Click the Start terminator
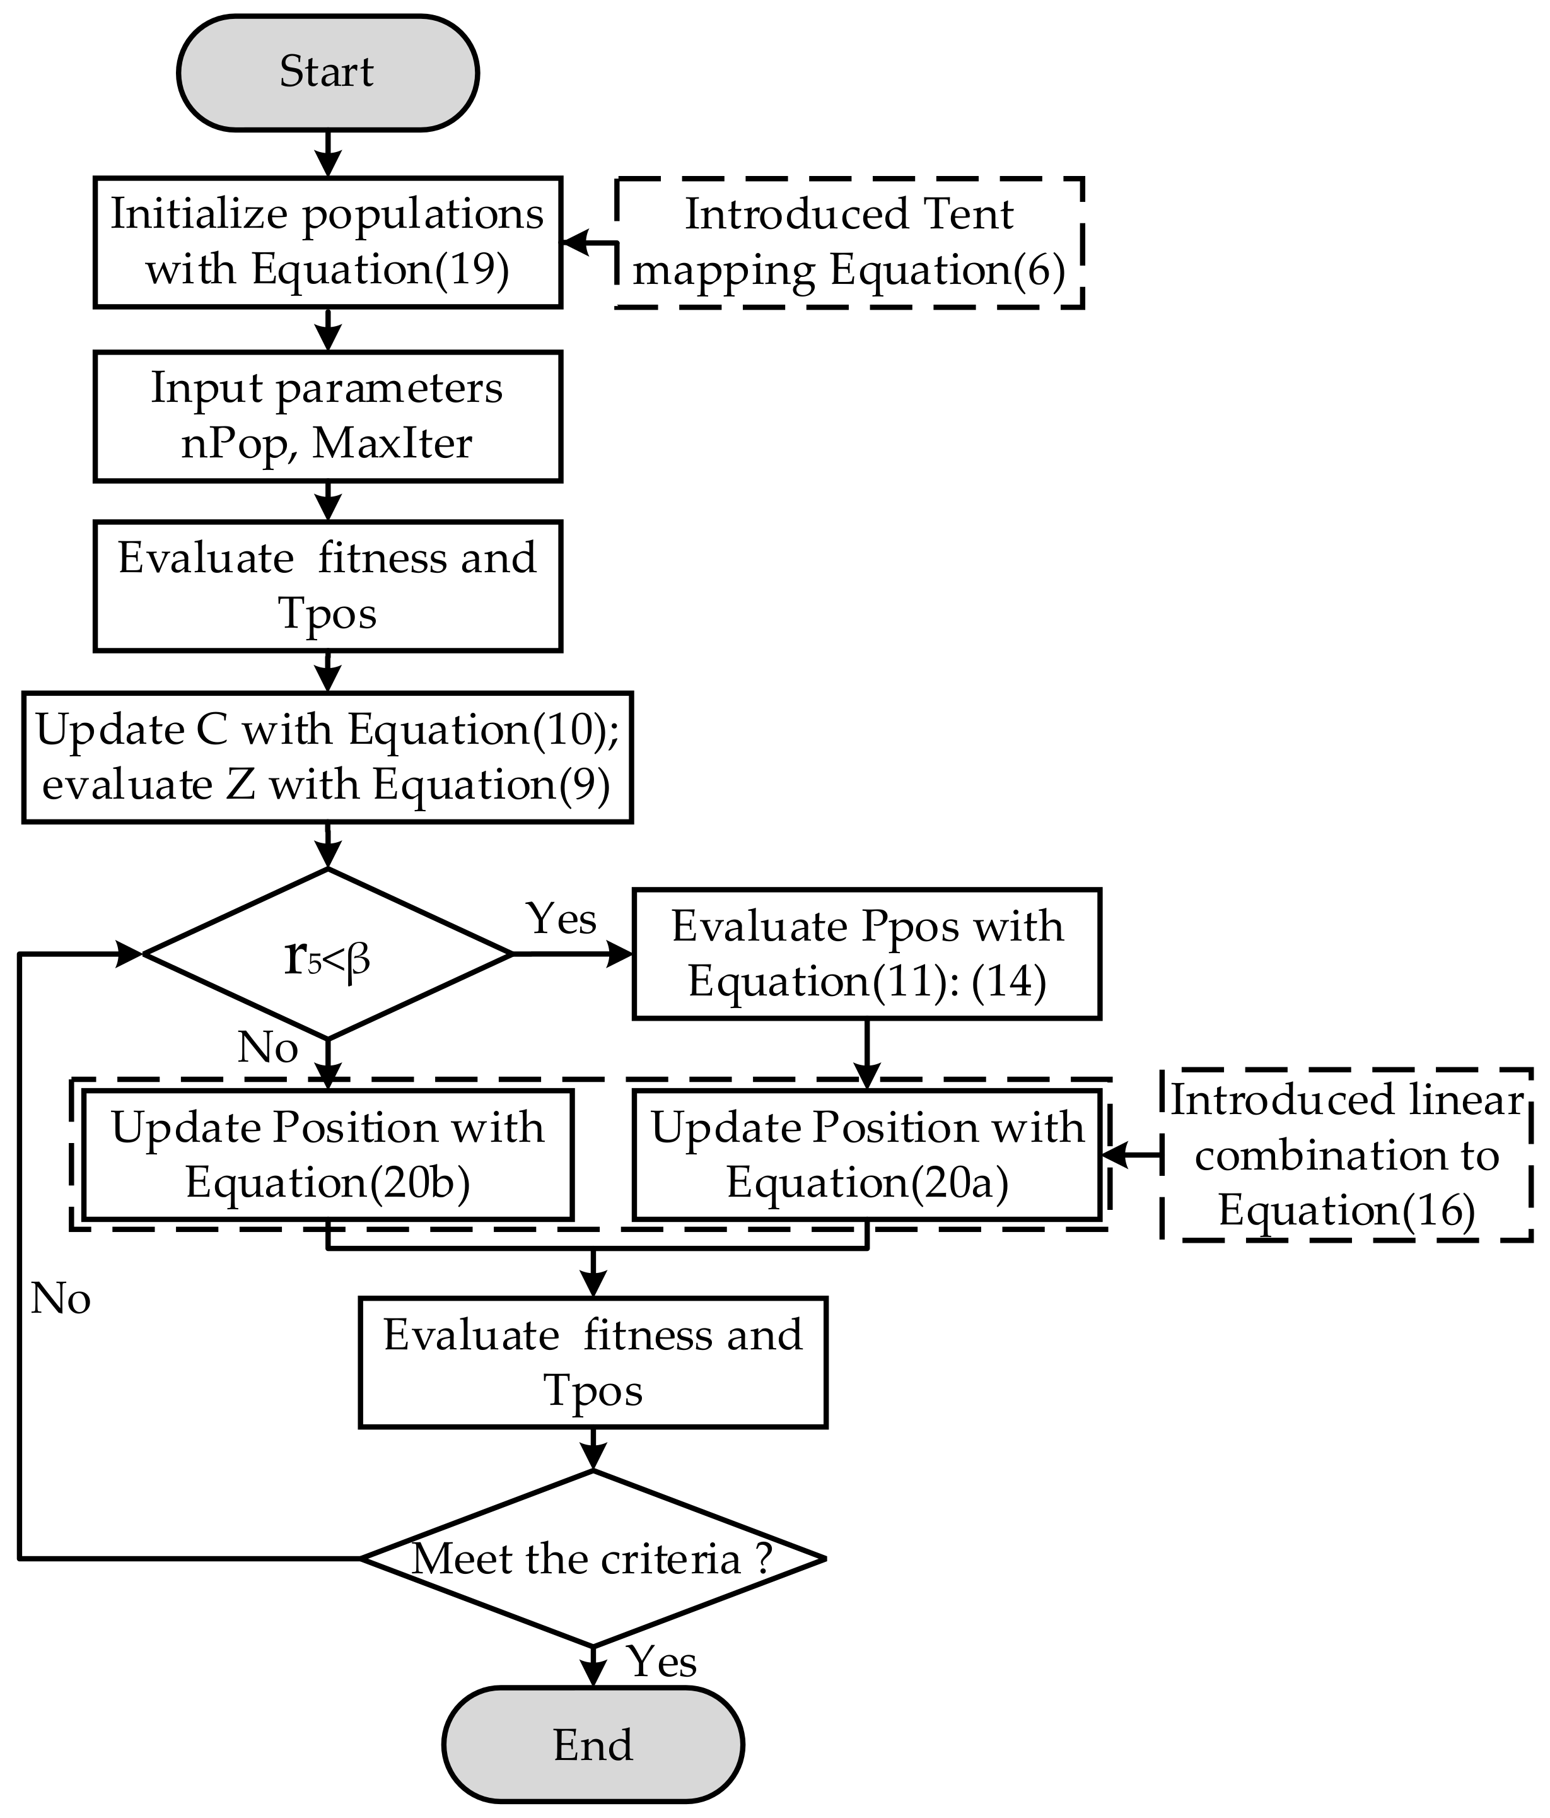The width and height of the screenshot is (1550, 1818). pyautogui.click(x=327, y=73)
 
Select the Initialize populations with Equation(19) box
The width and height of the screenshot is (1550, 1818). pyautogui.click(x=327, y=242)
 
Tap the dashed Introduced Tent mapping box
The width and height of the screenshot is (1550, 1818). pyautogui.click(x=849, y=242)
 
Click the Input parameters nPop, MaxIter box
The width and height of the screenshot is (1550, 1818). pyautogui.click(x=327, y=416)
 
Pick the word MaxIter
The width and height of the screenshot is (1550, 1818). pyautogui.click(x=392, y=443)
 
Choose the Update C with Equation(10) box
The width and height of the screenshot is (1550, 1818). pyautogui.click(x=327, y=756)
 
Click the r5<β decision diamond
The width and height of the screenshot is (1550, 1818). pyautogui.click(x=327, y=954)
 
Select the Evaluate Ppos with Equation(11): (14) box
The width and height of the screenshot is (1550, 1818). pyautogui.click(x=866, y=954)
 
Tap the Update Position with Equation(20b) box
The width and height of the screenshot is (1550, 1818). pyautogui.click(x=327, y=1154)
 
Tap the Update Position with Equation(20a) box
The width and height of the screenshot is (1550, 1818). pyautogui.click(x=866, y=1154)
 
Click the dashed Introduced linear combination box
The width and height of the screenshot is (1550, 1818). pyautogui.click(x=1346, y=1154)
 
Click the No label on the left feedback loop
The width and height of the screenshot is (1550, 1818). pyautogui.click(x=61, y=1299)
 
